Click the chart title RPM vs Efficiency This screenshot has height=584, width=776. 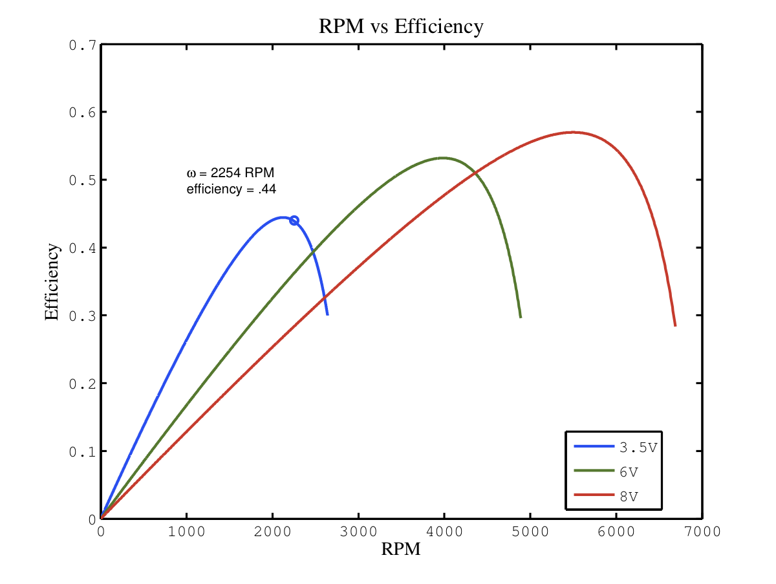coord(401,27)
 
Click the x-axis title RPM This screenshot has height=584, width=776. coord(401,549)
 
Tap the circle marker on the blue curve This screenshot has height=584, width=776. coord(294,221)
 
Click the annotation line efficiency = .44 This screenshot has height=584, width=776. coord(232,189)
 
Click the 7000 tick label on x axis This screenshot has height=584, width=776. coord(702,532)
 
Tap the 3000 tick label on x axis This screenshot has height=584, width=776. coord(358,532)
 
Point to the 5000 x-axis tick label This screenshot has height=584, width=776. coord(530,532)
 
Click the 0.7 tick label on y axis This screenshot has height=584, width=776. coord(83,45)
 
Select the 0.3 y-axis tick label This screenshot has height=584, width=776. coord(83,316)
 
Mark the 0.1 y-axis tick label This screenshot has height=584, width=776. coord(83,451)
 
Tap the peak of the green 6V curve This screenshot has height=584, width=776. coord(443,157)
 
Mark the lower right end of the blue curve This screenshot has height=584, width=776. coord(328,314)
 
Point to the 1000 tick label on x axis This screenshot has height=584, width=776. coord(186,532)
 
